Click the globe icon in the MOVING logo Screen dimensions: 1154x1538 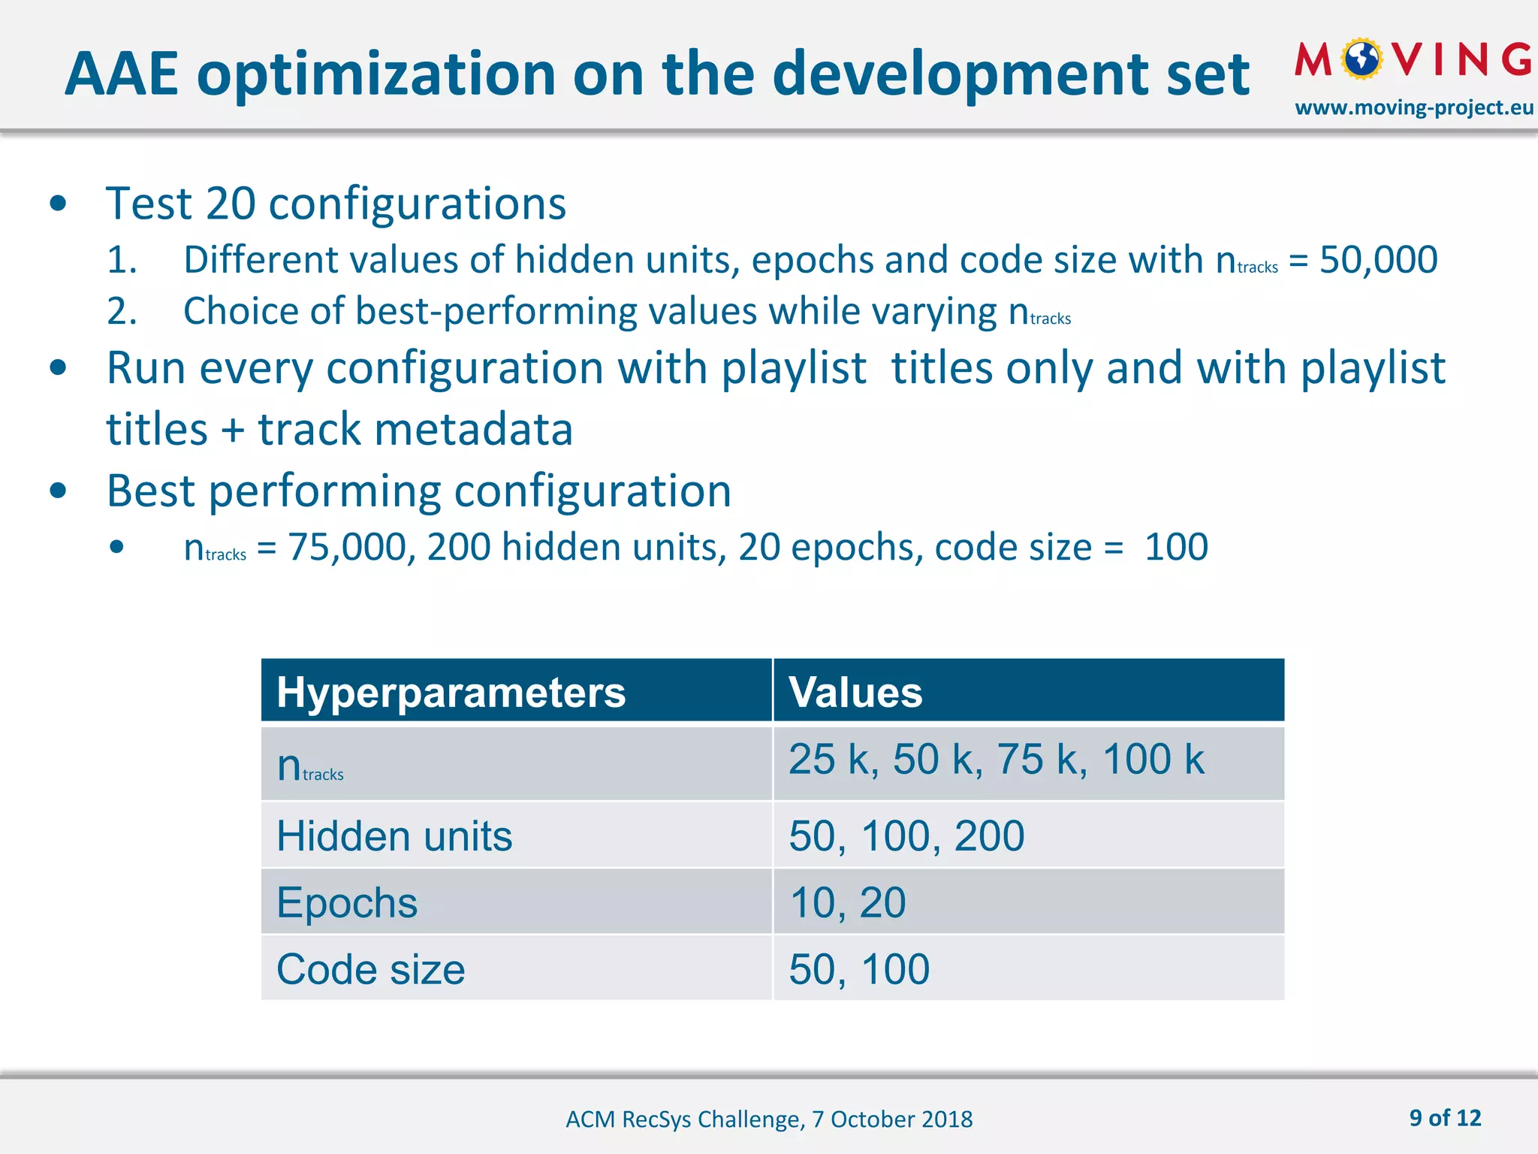pos(1362,59)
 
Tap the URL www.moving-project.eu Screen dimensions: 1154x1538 pos(1413,108)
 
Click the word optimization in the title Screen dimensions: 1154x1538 pos(375,75)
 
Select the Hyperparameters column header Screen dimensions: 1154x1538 pos(451,692)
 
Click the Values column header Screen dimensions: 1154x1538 pos(855,692)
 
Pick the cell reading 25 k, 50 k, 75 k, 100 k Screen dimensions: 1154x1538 pos(996,760)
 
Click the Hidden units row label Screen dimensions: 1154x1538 pos(394,836)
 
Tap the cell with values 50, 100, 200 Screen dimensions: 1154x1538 pos(906,836)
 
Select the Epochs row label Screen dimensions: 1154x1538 pos(347,902)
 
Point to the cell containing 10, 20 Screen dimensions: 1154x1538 pos(848,902)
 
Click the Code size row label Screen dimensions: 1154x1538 pos(371,969)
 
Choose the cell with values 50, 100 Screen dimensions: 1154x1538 pos(859,969)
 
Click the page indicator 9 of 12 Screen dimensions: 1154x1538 pos(1445,1118)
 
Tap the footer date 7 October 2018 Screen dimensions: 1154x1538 pos(892,1119)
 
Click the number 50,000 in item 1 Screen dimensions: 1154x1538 pos(1379,260)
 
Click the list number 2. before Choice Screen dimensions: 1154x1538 pos(122,312)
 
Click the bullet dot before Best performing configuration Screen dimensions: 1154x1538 pos(58,491)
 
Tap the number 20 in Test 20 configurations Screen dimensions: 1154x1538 pos(231,204)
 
